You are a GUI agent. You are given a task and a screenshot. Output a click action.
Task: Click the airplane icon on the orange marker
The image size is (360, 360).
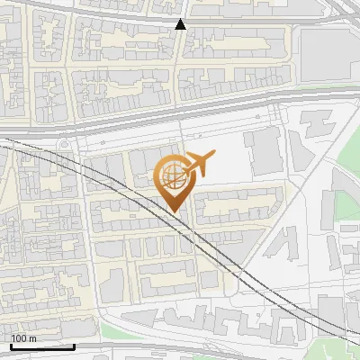tap(198, 163)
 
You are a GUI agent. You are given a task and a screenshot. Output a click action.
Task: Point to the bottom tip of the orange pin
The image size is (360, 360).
tap(173, 212)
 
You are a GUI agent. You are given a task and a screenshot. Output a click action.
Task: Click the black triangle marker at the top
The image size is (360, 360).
tap(181, 24)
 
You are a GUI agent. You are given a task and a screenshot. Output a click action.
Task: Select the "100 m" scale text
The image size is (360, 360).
tap(23, 338)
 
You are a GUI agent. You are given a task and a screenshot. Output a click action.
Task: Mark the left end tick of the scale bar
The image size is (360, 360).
tap(11, 344)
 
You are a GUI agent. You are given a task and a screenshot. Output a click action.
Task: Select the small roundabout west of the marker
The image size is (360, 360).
tap(66, 146)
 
